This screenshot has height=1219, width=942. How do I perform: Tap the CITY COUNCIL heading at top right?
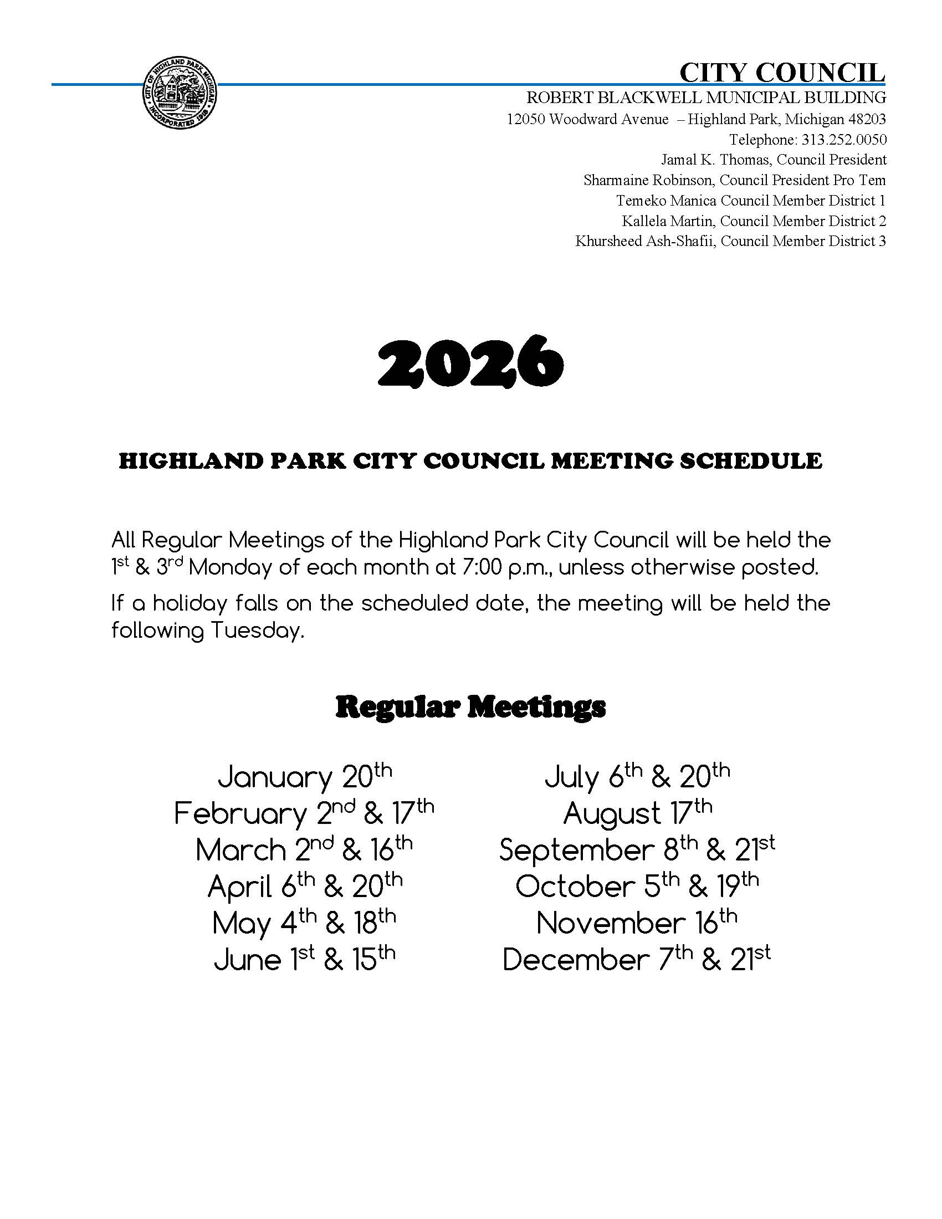click(x=782, y=73)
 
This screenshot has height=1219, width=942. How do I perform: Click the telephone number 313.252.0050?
click(x=843, y=140)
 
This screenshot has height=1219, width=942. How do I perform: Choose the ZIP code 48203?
click(x=867, y=120)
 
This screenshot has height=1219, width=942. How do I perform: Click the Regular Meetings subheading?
click(x=470, y=707)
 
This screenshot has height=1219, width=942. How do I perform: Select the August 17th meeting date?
click(x=637, y=813)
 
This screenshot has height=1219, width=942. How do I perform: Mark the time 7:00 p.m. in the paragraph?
click(x=506, y=567)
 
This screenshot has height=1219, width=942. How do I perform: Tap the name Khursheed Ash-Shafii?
click(x=645, y=241)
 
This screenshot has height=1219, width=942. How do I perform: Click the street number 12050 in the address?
click(x=526, y=120)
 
